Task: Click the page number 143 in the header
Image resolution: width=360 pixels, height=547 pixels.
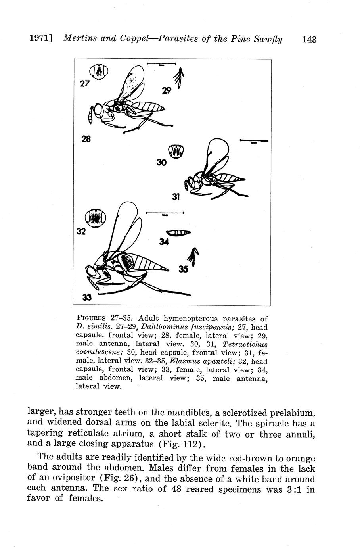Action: pos(309,39)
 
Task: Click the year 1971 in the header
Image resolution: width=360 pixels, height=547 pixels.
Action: pos(39,39)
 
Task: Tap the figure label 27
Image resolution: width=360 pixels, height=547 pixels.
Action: pos(85,84)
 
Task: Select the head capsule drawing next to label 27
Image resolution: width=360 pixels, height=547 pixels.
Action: pos(99,72)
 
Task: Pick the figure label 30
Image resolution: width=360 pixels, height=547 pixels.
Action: pos(161,162)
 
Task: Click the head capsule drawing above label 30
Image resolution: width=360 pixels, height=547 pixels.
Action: pos(176,151)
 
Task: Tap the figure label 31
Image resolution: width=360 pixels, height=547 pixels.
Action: pos(176,196)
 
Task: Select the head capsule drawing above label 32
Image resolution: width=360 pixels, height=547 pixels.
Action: pos(96,218)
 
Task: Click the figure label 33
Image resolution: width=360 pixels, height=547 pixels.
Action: pos(87,297)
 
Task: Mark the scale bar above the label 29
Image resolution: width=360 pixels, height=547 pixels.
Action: pos(161,63)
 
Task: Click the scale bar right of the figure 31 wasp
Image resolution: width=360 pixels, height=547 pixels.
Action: pos(254,141)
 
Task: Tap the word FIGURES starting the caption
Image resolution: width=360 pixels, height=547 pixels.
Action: pos(91,318)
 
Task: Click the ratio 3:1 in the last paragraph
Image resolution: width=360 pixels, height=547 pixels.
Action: pos(295,489)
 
